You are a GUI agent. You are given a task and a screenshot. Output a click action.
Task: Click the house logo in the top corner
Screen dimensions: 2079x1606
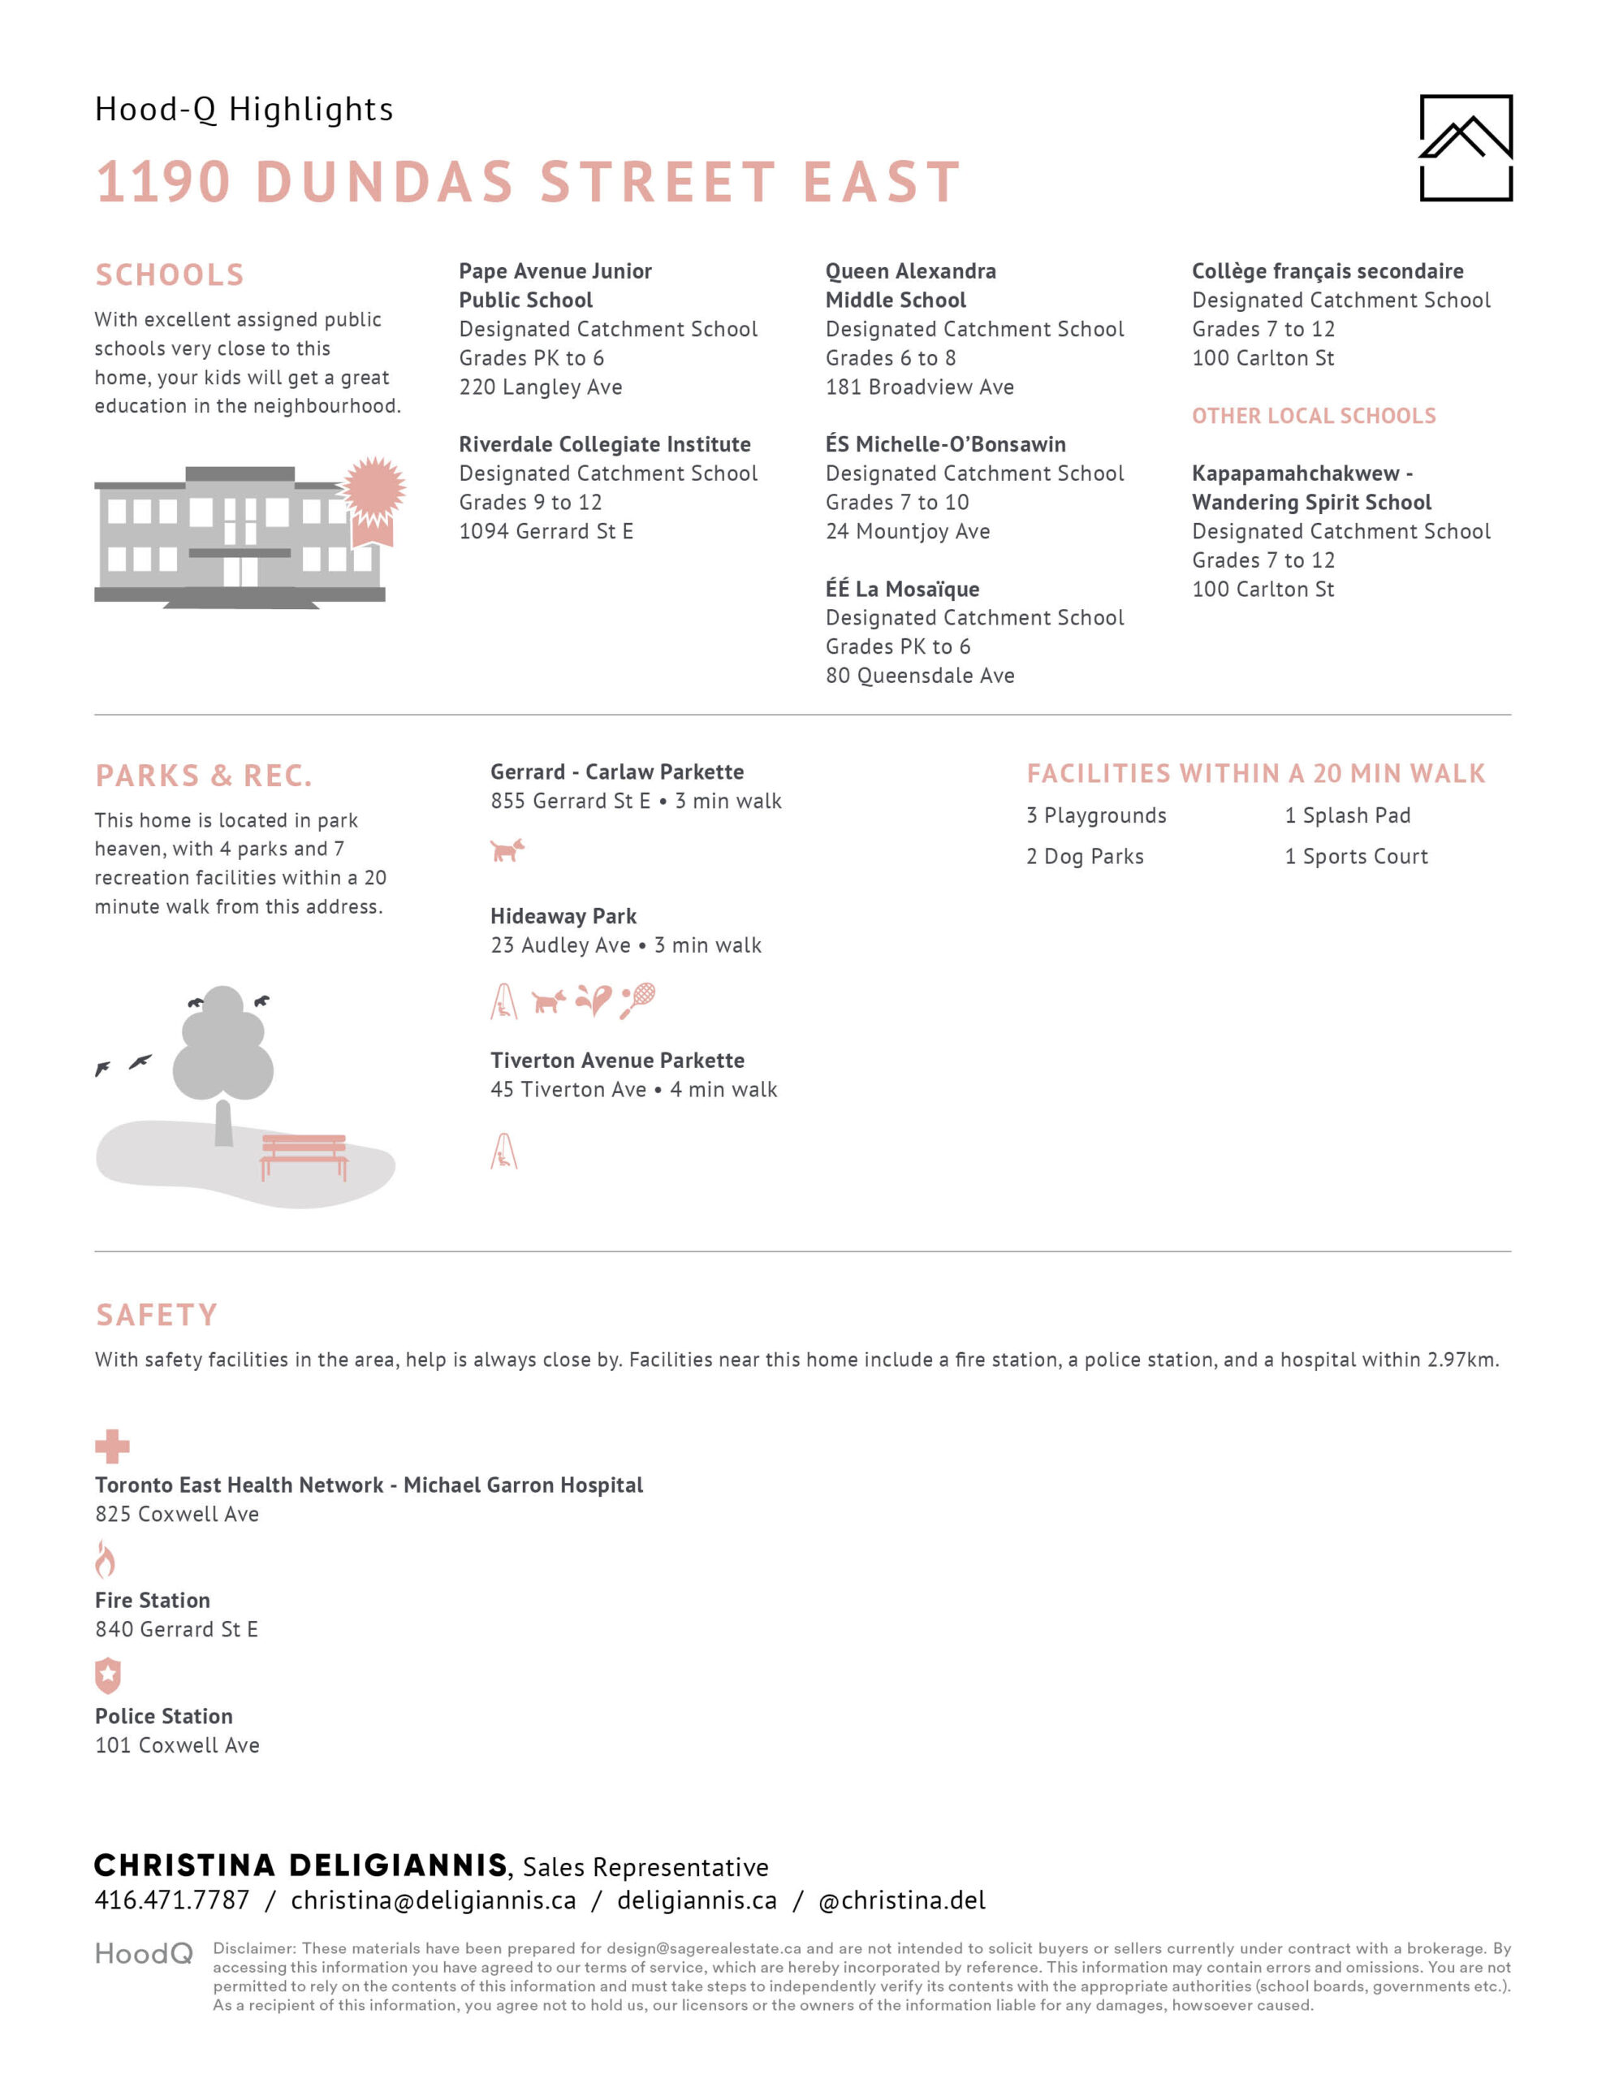click(x=1465, y=148)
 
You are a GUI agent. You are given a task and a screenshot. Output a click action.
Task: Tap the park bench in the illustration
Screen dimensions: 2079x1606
click(x=304, y=1154)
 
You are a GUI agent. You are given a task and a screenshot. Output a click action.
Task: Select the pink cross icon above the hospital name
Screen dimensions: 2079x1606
click(x=111, y=1446)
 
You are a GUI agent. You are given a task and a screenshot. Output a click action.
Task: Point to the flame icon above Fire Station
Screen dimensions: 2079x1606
click(x=106, y=1559)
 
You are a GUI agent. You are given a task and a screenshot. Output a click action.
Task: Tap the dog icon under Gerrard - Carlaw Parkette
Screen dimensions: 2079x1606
click(x=507, y=849)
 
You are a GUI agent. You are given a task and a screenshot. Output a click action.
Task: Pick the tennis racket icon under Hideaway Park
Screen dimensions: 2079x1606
click(x=638, y=1000)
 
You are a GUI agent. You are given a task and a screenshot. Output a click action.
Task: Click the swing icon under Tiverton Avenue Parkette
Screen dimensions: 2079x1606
click(x=503, y=1151)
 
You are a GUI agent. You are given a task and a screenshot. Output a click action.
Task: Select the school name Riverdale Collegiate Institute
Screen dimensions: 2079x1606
click(x=605, y=444)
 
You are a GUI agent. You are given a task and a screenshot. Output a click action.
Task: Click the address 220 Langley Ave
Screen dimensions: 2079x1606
click(x=541, y=387)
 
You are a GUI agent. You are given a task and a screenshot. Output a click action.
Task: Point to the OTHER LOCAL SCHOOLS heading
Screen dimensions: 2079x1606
click(x=1314, y=416)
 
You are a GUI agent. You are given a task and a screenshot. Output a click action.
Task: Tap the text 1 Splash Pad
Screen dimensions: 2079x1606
click(x=1347, y=816)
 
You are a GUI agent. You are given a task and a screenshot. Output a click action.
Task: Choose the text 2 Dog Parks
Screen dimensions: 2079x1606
click(x=1084, y=857)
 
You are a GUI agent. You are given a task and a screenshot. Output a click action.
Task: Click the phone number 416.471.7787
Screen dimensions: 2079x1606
click(x=171, y=1900)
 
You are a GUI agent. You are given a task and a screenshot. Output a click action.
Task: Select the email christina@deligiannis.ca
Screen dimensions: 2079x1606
click(x=433, y=1900)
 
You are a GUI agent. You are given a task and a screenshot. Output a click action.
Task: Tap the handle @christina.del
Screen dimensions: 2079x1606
click(x=901, y=1900)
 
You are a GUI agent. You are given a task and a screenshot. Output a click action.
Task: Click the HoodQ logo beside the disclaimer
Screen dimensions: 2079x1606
click(x=144, y=1954)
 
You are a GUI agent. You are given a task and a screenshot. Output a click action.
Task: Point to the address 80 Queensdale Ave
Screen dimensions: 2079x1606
click(x=920, y=676)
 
